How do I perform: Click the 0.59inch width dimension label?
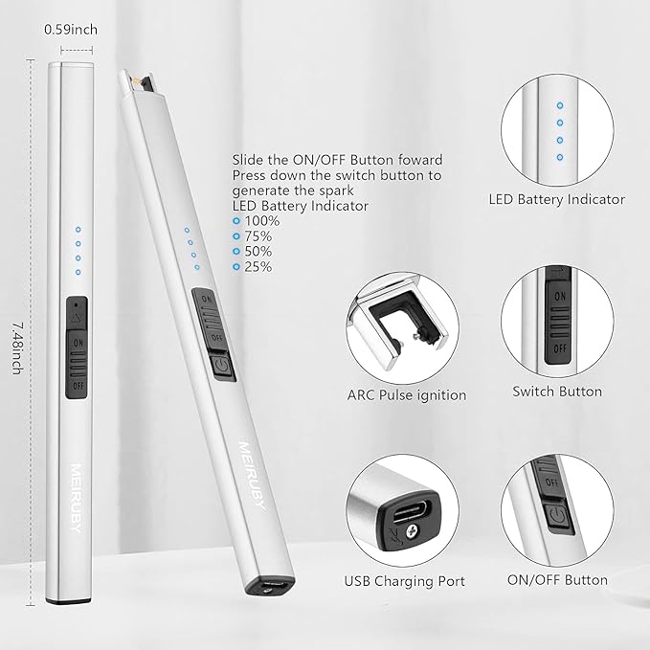71,30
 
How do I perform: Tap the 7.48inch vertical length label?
16,348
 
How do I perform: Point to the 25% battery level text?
258,266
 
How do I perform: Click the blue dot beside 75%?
236,236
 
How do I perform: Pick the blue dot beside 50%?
236,252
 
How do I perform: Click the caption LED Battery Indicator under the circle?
557,199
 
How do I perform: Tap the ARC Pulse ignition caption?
407,395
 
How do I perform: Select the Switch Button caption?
557,392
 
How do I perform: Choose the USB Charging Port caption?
405,581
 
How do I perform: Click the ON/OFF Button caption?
557,579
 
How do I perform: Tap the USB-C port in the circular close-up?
412,511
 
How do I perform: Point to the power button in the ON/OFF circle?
558,517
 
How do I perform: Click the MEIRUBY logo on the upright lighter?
76,498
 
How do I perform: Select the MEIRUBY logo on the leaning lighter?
251,476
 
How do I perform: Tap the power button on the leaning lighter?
223,366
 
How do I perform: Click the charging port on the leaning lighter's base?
270,586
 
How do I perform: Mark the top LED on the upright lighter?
78,229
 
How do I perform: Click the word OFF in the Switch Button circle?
560,348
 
